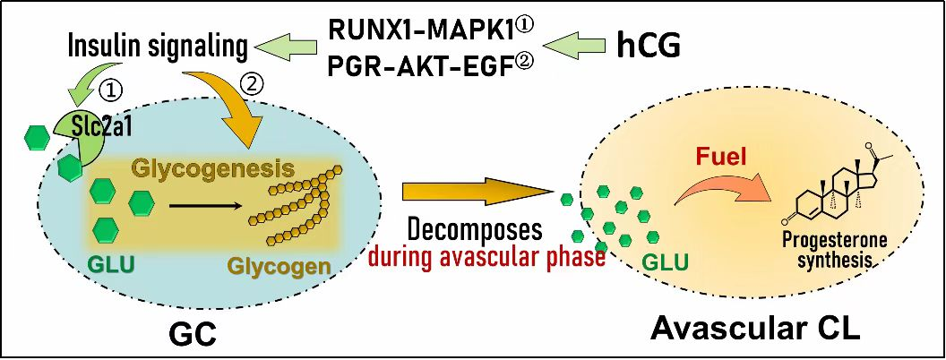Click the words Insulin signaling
pyautogui.click(x=158, y=46)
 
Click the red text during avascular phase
pyautogui.click(x=487, y=258)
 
